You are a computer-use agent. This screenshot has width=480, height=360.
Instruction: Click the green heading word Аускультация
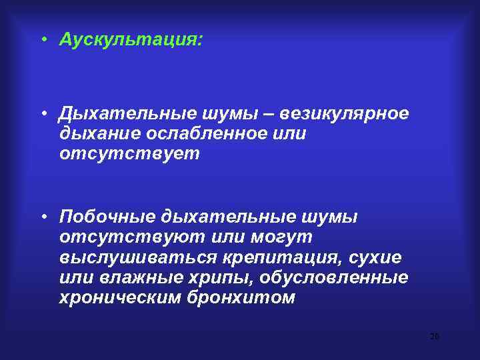(x=130, y=40)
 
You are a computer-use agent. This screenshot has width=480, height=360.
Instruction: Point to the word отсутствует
(x=129, y=153)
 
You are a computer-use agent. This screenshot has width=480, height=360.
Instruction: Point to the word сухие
(x=379, y=257)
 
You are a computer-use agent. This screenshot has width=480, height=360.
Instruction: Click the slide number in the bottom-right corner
(x=435, y=337)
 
